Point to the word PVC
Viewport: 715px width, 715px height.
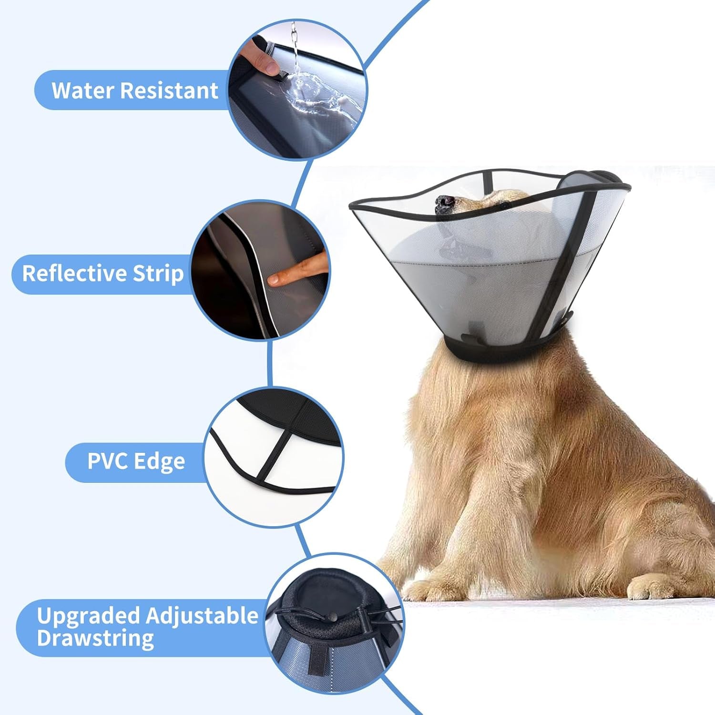tap(108, 461)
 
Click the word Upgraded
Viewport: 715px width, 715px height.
tap(89, 615)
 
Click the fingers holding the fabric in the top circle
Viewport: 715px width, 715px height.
tap(260, 60)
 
